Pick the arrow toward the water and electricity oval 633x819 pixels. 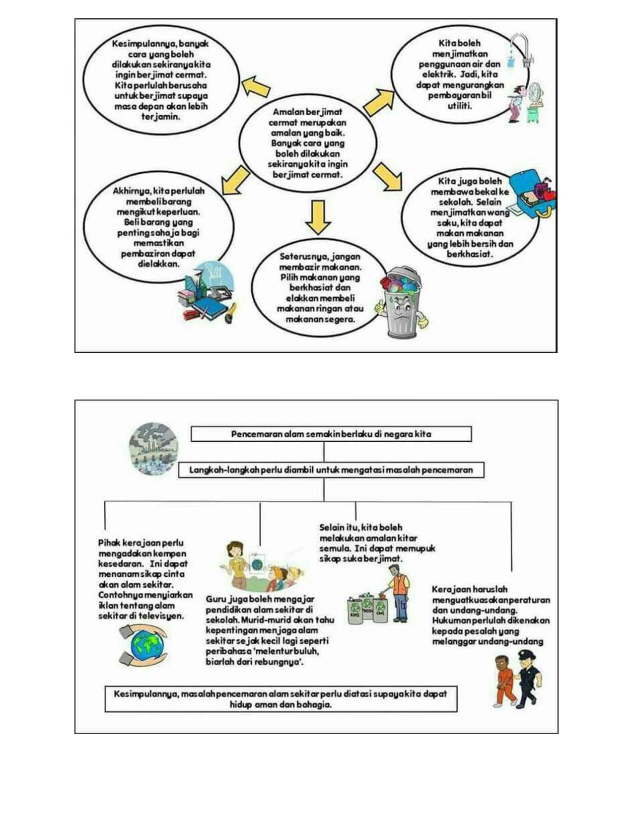pos(378,102)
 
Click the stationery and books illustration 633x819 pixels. pos(206,292)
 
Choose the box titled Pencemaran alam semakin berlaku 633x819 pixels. pos(331,434)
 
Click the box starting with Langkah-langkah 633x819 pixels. pos(331,470)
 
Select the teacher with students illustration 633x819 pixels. pos(262,566)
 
